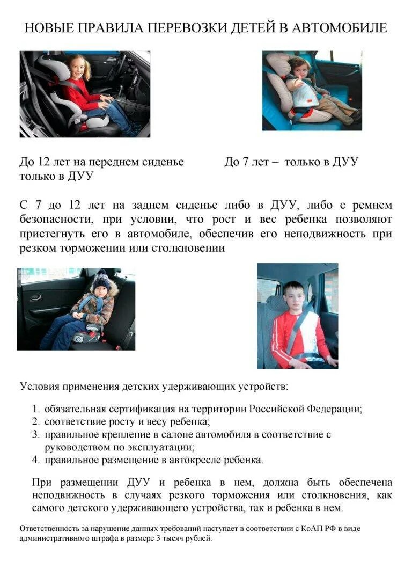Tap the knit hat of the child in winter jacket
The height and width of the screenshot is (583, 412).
click(100, 279)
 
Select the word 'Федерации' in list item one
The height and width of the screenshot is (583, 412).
click(334, 409)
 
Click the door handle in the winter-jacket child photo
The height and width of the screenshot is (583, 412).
click(35, 297)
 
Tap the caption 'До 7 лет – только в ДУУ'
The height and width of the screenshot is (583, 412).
click(291, 162)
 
